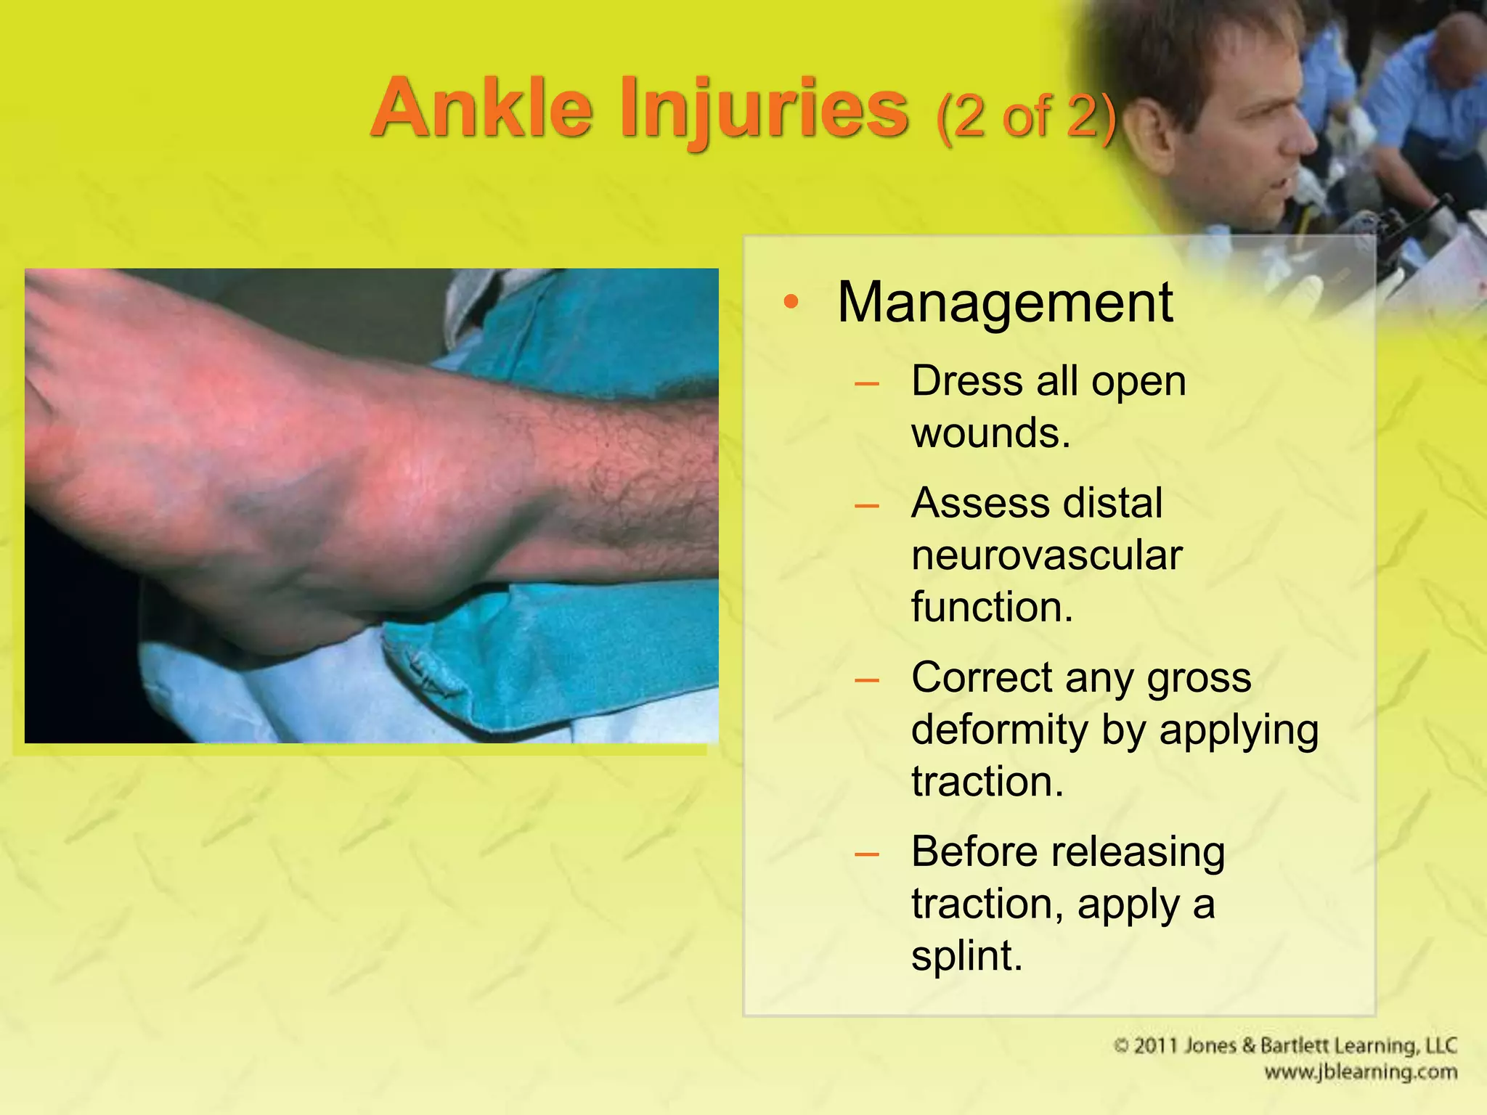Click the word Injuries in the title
coord(764,110)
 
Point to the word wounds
coord(991,433)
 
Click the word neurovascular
coord(1047,555)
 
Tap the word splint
coord(966,955)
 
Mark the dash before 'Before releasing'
coord(867,854)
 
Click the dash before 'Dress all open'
coord(867,383)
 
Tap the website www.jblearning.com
coord(1360,1072)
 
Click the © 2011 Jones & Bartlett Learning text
coord(1284,1046)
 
